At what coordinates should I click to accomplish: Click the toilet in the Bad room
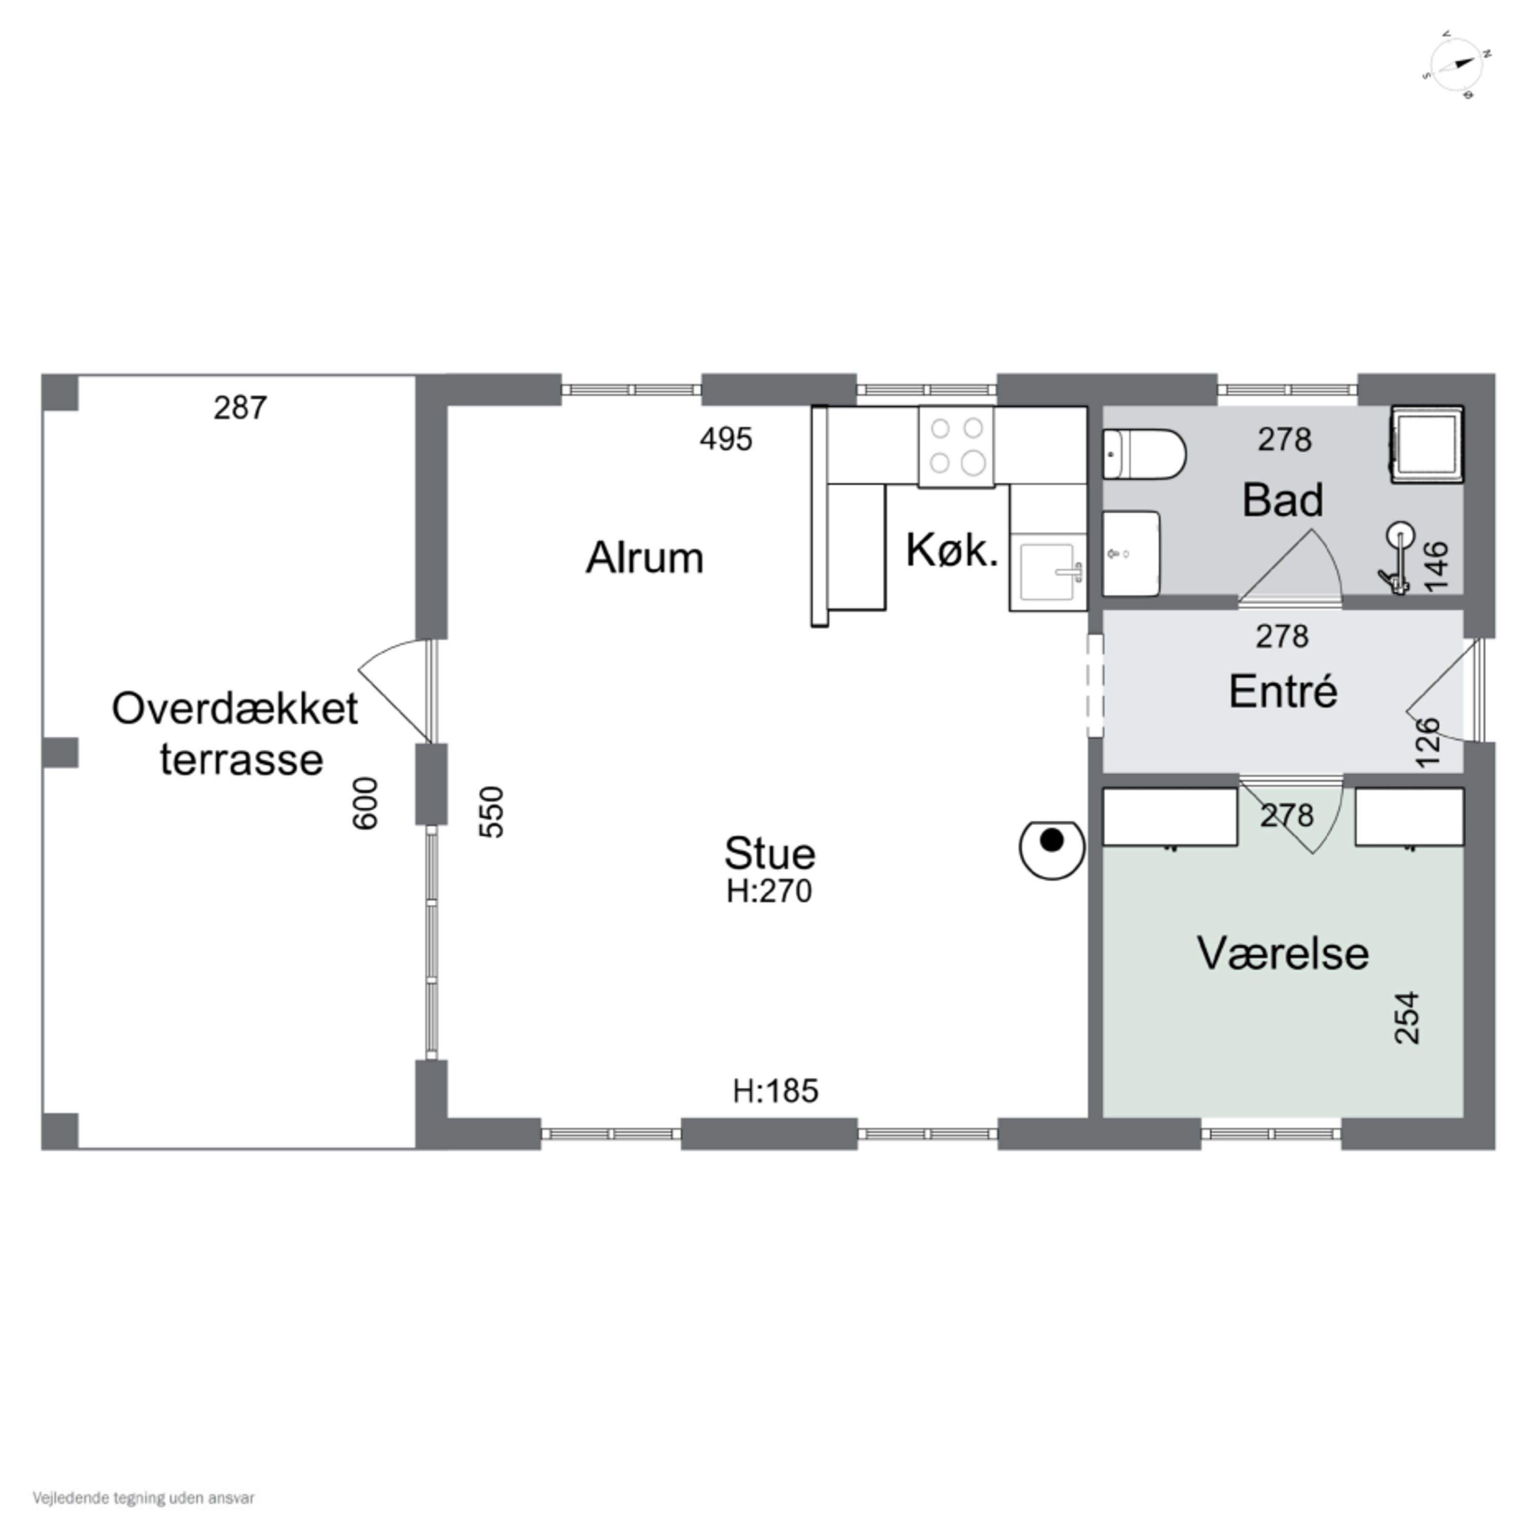click(1144, 454)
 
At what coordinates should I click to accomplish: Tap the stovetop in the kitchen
click(956, 447)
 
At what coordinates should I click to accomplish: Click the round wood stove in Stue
click(1051, 850)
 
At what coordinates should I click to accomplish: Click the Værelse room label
click(1283, 953)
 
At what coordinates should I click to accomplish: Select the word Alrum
click(645, 558)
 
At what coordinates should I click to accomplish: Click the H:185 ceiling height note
click(775, 1091)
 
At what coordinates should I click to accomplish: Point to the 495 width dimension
click(726, 439)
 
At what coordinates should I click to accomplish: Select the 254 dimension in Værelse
click(1407, 1018)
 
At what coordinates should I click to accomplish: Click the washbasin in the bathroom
click(1131, 553)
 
